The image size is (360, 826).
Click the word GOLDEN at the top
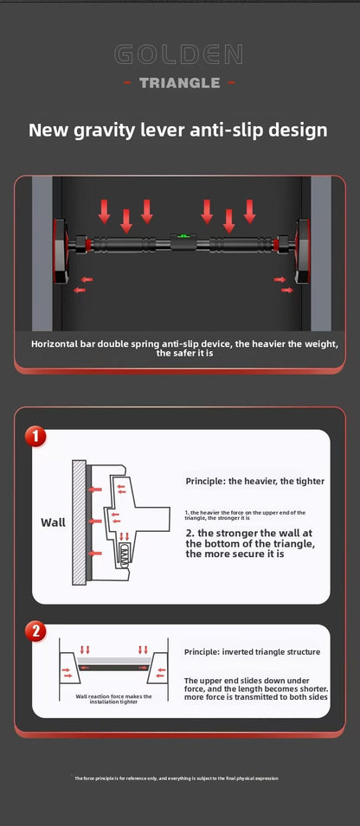point(180,56)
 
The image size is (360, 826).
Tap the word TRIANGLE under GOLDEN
point(180,83)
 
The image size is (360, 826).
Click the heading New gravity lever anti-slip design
point(178,131)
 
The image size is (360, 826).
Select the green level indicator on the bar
point(183,234)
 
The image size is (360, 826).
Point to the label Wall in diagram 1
point(53,522)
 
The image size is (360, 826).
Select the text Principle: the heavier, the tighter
point(255,480)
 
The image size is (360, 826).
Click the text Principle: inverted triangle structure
point(252,651)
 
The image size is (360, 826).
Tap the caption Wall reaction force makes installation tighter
point(113,699)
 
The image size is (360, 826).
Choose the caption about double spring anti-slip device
point(184,349)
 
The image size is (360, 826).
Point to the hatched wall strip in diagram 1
point(79,523)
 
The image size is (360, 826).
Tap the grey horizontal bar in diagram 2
point(113,662)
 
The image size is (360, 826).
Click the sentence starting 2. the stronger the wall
point(249,543)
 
